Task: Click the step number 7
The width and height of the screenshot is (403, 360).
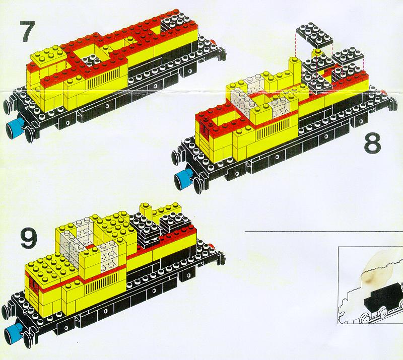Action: click(x=27, y=31)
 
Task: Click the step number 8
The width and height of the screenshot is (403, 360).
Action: click(x=372, y=143)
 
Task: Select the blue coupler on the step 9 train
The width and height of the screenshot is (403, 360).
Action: click(x=14, y=332)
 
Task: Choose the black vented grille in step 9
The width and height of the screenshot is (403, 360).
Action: click(x=102, y=283)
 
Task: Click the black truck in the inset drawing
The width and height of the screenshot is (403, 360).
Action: click(x=383, y=295)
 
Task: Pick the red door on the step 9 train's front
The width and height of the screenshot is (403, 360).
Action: click(x=34, y=284)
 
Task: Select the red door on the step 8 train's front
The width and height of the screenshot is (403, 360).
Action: click(x=205, y=128)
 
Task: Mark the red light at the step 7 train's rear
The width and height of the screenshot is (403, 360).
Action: click(x=213, y=42)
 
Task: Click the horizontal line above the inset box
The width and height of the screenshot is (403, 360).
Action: click(x=324, y=231)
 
